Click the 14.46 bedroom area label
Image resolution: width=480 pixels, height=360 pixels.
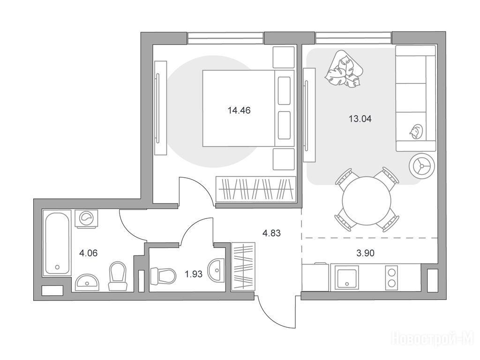pos(239,110)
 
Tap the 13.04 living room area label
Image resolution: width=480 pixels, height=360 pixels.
pos(360,119)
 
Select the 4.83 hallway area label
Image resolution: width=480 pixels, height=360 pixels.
pos(271,233)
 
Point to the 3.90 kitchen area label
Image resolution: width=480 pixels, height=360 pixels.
pos(366,253)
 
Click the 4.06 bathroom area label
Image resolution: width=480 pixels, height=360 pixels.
pos(88,253)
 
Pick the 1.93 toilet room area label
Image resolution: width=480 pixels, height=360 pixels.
pos(194,274)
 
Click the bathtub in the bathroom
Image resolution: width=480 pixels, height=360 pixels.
pos(57,243)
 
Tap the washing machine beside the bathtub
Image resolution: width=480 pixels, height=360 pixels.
pos(87,218)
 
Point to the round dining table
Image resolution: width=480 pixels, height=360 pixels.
pos(367,201)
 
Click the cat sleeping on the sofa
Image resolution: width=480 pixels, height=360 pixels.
pos(415,132)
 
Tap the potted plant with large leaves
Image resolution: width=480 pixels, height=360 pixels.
pos(344,69)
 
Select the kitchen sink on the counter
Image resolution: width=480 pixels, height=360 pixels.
pos(347,277)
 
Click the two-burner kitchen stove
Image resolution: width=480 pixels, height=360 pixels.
pos(391,277)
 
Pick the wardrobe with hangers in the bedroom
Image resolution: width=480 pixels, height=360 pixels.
pos(256,189)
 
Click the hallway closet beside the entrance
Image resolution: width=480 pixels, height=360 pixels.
pos(243,267)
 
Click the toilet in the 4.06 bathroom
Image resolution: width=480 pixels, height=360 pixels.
pos(118,276)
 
